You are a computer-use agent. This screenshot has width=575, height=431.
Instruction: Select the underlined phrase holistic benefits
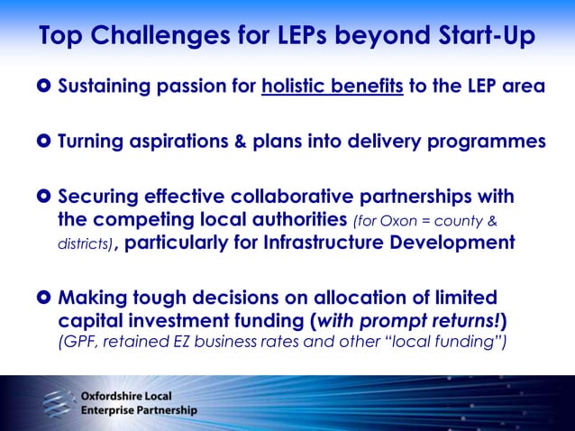[333, 87]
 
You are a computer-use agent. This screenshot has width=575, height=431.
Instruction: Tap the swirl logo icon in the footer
[56, 401]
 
